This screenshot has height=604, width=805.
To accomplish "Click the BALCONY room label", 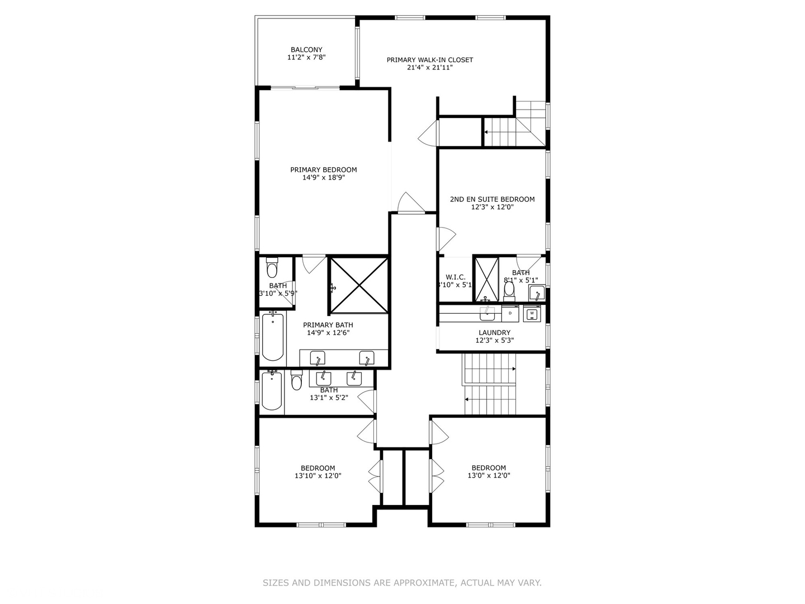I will (x=306, y=50).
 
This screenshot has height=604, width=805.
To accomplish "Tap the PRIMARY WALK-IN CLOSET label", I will (x=430, y=60).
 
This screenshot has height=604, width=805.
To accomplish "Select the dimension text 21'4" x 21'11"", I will (x=430, y=68).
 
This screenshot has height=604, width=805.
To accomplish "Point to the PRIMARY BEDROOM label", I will (x=323, y=170).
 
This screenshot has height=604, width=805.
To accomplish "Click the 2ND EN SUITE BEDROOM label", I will (x=492, y=199).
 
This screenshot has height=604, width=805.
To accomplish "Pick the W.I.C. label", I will (x=455, y=277).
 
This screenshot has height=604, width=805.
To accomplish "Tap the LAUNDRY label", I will (x=494, y=333).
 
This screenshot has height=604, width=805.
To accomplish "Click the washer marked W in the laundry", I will (x=532, y=314).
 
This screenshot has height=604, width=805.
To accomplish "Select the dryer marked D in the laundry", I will (x=510, y=314).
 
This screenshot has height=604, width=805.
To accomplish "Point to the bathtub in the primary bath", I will (x=273, y=337).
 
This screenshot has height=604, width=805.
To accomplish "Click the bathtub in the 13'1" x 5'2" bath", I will (x=272, y=391).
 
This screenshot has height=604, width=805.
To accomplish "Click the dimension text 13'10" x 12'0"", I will (x=318, y=476).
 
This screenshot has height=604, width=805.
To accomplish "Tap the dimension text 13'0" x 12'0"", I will (x=489, y=476).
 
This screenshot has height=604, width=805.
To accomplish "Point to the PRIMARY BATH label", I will (x=328, y=325).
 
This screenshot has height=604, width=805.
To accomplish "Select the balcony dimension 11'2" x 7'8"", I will (x=306, y=58).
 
